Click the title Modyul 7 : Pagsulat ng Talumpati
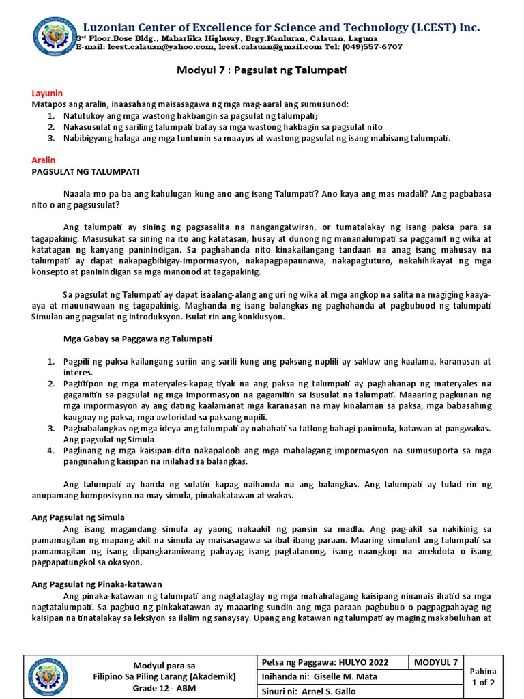[262, 70]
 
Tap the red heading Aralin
[44, 159]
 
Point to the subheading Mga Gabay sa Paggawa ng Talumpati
[137, 338]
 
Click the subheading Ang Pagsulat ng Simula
[78, 517]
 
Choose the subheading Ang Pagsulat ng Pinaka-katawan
[97, 584]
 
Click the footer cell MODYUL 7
[437, 662]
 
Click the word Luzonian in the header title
[108, 28]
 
